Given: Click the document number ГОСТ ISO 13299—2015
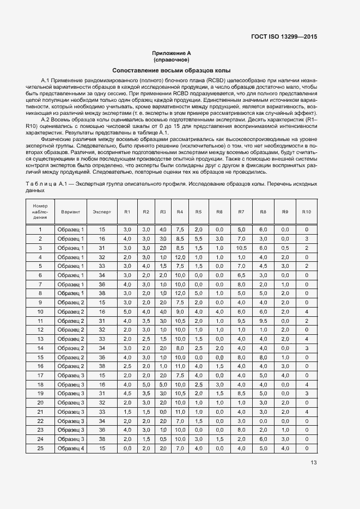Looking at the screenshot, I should click(284, 37).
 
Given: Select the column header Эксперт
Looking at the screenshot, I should click(102, 211).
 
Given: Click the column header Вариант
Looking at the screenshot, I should click(71, 211).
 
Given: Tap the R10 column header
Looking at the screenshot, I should click(307, 211).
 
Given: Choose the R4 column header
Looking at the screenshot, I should click(180, 211).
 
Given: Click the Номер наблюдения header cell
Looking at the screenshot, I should click(40, 211).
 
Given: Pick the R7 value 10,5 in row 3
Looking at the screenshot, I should click(242, 248).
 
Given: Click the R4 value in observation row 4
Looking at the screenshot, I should click(180, 257).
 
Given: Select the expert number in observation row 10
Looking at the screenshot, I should click(102, 311).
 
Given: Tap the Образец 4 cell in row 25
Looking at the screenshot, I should click(71, 448).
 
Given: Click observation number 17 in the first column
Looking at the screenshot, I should click(40, 375).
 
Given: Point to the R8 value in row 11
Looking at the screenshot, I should click(263, 321).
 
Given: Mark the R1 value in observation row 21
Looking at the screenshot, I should click(127, 412).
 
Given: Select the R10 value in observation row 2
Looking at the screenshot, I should click(307, 239).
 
